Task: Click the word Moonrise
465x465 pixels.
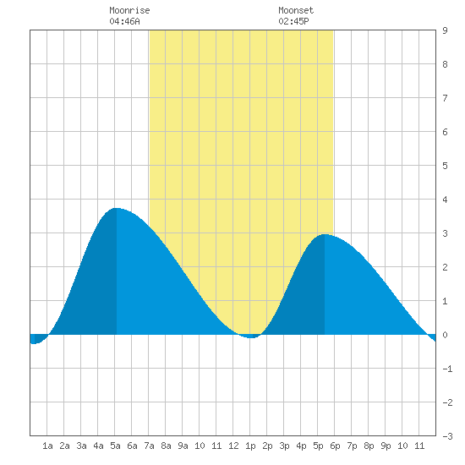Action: tap(129, 10)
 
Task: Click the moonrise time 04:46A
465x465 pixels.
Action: tap(124, 21)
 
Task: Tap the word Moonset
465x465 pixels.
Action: tap(296, 10)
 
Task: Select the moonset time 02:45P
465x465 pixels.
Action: tap(293, 21)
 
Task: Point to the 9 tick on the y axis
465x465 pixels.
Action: tap(445, 30)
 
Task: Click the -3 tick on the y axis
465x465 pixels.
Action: tap(447, 436)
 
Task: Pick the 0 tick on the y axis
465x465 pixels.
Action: tap(445, 335)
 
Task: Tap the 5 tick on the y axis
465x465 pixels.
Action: tap(445, 166)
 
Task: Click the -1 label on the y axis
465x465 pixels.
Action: tap(447, 369)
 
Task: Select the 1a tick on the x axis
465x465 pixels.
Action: tap(47, 446)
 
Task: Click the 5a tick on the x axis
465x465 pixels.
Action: tap(115, 446)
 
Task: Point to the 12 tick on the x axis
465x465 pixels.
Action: tap(233, 446)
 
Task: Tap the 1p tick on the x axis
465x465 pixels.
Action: tap(250, 446)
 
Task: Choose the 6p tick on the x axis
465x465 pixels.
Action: tap(335, 446)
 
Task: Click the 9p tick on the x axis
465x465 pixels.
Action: tap(386, 446)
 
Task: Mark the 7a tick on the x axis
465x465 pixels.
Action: tap(149, 446)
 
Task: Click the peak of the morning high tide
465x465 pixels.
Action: tap(117, 208)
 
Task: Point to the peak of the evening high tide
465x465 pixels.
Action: tap(325, 234)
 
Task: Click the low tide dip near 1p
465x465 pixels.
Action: tap(250, 337)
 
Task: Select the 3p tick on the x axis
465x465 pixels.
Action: tap(284, 446)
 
